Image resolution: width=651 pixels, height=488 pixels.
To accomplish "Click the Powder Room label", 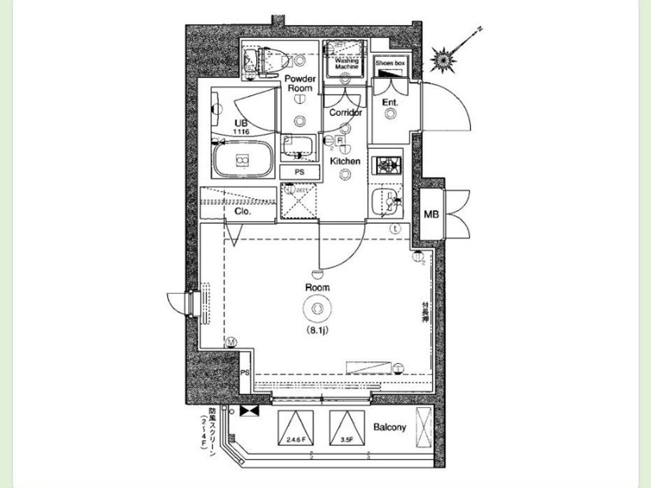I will (300, 83).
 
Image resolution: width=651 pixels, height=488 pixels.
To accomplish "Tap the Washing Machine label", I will (347, 64).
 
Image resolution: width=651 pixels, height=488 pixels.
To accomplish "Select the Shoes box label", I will (390, 63).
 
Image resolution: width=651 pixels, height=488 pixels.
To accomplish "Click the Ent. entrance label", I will (390, 102).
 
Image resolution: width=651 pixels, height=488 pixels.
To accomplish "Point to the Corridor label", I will (345, 112).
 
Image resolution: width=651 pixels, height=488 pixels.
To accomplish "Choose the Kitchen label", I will (345, 161).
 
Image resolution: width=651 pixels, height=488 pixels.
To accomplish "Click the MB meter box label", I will (431, 215).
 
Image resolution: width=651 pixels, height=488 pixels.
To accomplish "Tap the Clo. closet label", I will (243, 211).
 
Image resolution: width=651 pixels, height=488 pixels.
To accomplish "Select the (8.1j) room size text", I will (317, 330).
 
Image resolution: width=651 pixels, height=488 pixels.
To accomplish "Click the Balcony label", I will (390, 427).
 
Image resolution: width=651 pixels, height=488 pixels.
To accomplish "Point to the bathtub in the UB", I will (242, 160).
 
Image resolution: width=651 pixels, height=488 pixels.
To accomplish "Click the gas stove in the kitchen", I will (387, 165).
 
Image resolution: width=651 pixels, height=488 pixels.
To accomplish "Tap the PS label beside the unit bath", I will (300, 172).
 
